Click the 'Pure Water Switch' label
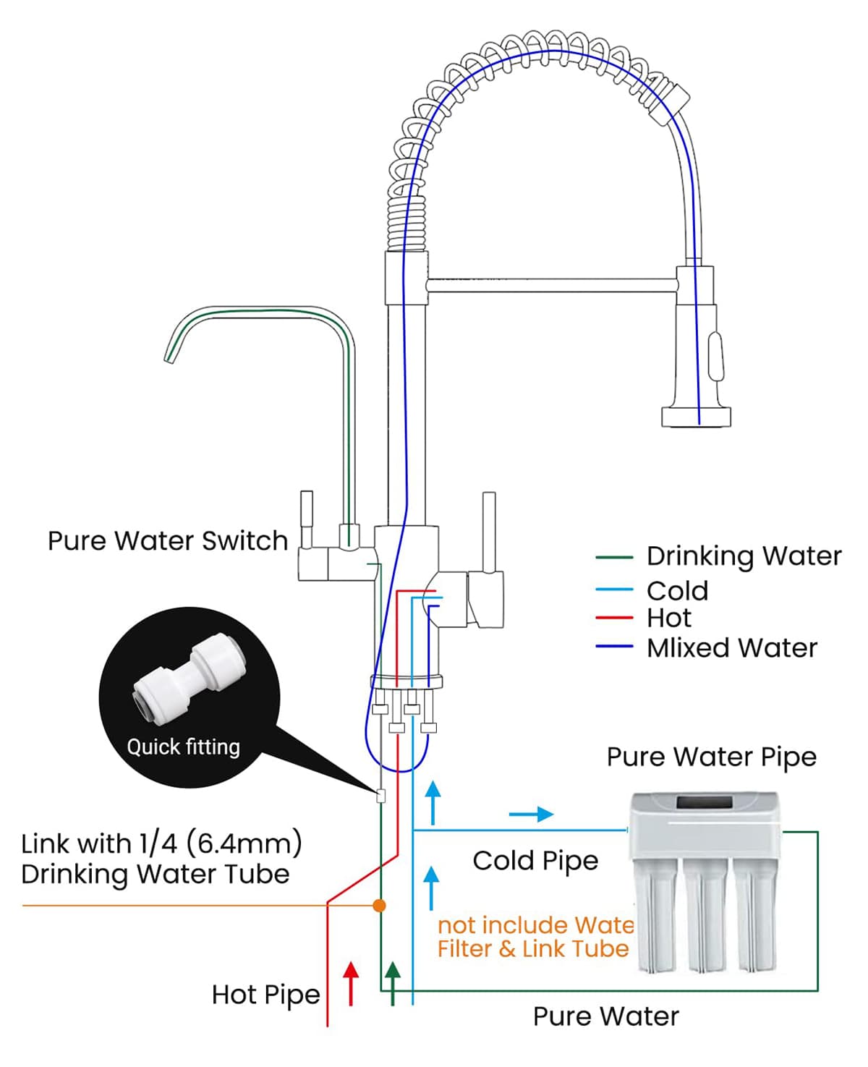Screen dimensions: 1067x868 tap(167, 541)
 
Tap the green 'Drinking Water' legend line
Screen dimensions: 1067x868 tap(614, 558)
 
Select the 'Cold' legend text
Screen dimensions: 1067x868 tap(677, 591)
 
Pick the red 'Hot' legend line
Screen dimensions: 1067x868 tap(614, 618)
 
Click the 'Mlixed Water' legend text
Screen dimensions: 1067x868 tap(731, 648)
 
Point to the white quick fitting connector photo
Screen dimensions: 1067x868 tap(190, 678)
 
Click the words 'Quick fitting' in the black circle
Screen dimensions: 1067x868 tap(183, 747)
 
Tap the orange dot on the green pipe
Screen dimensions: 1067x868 tap(379, 905)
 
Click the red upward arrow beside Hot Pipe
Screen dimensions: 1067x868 tap(351, 982)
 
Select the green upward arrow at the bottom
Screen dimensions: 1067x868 tap(392, 982)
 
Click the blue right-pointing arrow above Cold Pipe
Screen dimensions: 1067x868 tap(532, 815)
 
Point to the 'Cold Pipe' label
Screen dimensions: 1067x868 tap(535, 861)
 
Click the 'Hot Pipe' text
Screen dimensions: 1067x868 tap(265, 995)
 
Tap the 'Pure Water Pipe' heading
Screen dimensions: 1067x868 tap(711, 757)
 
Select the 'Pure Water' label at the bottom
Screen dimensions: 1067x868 tap(605, 1016)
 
